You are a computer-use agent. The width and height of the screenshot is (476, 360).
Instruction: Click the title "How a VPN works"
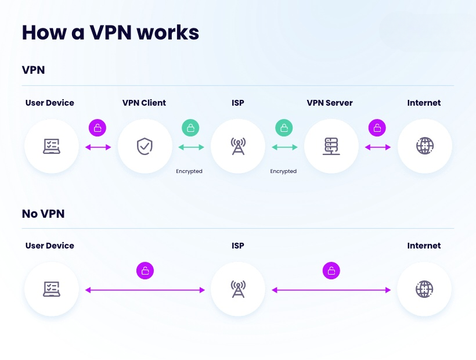(x=110, y=33)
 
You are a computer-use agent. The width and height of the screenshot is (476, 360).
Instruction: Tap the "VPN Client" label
(x=144, y=103)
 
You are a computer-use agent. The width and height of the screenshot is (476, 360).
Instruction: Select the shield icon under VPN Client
(x=145, y=146)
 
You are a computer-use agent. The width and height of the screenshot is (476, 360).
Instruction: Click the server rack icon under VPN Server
(x=331, y=146)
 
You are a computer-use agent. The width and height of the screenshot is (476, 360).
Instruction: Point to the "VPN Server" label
(x=330, y=103)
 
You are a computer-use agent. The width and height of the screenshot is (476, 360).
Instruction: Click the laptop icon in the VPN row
(x=51, y=146)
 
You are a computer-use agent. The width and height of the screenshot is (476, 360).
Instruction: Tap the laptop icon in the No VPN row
(x=51, y=289)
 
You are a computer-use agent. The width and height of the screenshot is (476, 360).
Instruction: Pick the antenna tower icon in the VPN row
(x=237, y=146)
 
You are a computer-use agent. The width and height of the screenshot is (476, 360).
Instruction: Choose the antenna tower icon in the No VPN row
(x=237, y=289)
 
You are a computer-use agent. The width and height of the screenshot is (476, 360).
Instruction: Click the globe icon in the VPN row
(x=424, y=146)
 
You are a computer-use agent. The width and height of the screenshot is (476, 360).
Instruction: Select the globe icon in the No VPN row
(x=424, y=289)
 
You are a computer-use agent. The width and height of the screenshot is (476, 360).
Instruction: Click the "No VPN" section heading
(x=43, y=214)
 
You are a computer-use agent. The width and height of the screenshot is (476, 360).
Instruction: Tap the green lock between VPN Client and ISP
(x=190, y=128)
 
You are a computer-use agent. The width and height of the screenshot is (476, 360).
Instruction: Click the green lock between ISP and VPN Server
(x=284, y=128)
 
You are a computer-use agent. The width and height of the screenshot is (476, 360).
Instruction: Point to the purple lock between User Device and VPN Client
(x=98, y=128)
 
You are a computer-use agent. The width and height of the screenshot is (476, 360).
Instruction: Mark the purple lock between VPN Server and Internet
(x=377, y=128)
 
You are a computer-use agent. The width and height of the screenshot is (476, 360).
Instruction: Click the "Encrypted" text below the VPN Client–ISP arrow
(x=189, y=171)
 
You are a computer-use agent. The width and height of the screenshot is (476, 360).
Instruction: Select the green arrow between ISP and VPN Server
(x=284, y=147)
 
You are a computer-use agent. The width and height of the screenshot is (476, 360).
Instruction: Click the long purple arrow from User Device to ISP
(x=145, y=290)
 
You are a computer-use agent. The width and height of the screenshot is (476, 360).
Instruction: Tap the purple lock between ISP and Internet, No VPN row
(x=331, y=270)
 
